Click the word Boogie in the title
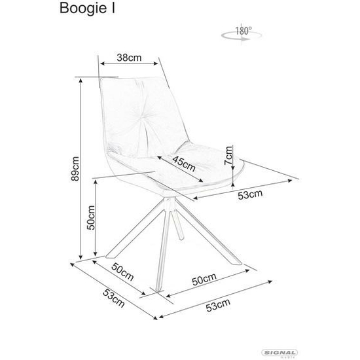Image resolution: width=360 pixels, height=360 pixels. click(83, 9)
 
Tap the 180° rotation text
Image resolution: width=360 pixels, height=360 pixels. click(243, 31)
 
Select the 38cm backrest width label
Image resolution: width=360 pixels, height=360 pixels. click(129, 58)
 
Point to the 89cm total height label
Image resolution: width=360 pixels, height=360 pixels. click(75, 169)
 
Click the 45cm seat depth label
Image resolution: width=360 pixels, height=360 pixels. click(184, 163)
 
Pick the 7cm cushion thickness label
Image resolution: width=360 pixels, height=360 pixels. click(228, 155)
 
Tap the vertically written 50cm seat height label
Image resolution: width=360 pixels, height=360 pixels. click(91, 217)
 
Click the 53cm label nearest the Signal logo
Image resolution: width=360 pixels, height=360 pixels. click(218, 305)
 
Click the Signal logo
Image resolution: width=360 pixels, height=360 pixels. click(279, 353)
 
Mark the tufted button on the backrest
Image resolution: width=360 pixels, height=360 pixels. click(141, 120)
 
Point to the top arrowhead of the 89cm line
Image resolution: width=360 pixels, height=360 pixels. click(81, 81)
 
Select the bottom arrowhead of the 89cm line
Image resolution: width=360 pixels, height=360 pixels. click(81, 257)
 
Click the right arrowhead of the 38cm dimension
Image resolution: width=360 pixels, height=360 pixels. click(156, 63)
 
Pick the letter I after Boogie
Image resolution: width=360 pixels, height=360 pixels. click(113, 8)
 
